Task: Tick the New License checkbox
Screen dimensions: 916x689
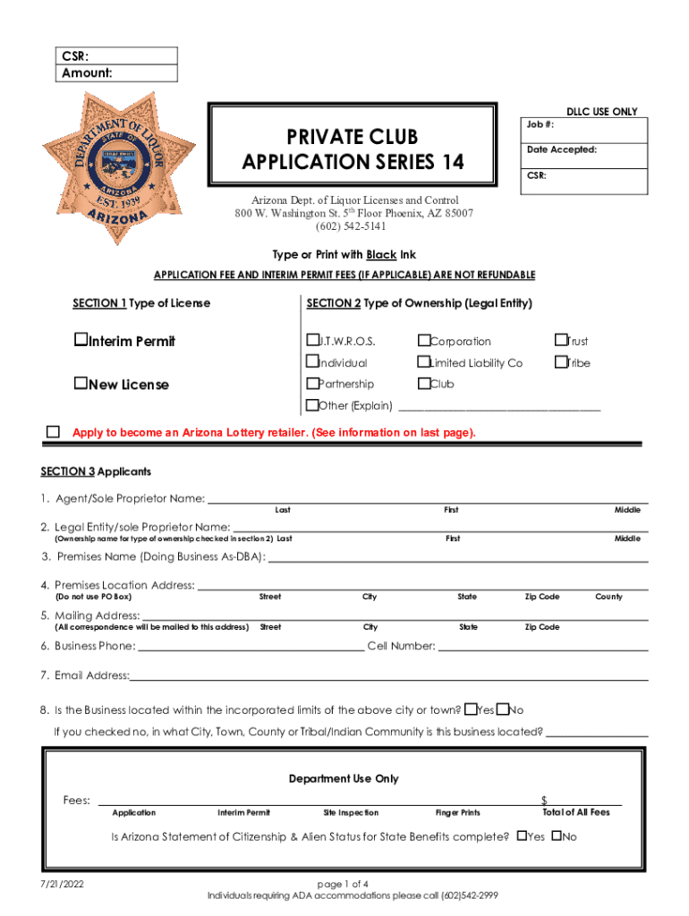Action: [80, 384]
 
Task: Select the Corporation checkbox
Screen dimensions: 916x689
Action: [424, 341]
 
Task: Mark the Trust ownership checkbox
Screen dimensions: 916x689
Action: [561, 341]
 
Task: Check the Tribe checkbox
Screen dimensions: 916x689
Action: [561, 362]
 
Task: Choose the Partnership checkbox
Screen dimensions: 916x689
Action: [312, 384]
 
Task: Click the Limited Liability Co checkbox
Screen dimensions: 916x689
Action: [424, 362]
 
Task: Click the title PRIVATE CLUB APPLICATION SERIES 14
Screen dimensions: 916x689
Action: [352, 149]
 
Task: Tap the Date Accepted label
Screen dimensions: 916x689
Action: [561, 149]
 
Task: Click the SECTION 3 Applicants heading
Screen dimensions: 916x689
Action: [96, 471]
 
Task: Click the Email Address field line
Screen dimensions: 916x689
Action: [388, 676]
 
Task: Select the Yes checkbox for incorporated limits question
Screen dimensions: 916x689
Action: [471, 710]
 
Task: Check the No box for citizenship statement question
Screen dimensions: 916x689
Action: [556, 837]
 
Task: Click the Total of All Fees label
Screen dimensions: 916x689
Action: [575, 812]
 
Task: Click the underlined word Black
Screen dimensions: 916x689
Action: [380, 255]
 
